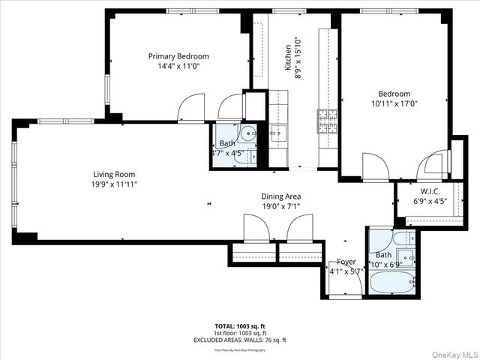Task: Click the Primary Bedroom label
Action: (x=178, y=56)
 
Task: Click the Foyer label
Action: (x=346, y=262)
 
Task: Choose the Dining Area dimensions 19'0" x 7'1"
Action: (x=281, y=207)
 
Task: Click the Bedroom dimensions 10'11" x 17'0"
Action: (x=394, y=104)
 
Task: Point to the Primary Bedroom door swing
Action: (x=191, y=109)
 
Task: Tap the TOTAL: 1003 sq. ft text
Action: (x=239, y=327)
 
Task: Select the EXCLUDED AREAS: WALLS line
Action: (x=239, y=340)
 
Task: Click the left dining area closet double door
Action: (x=253, y=226)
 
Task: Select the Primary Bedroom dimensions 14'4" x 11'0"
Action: (x=178, y=66)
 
